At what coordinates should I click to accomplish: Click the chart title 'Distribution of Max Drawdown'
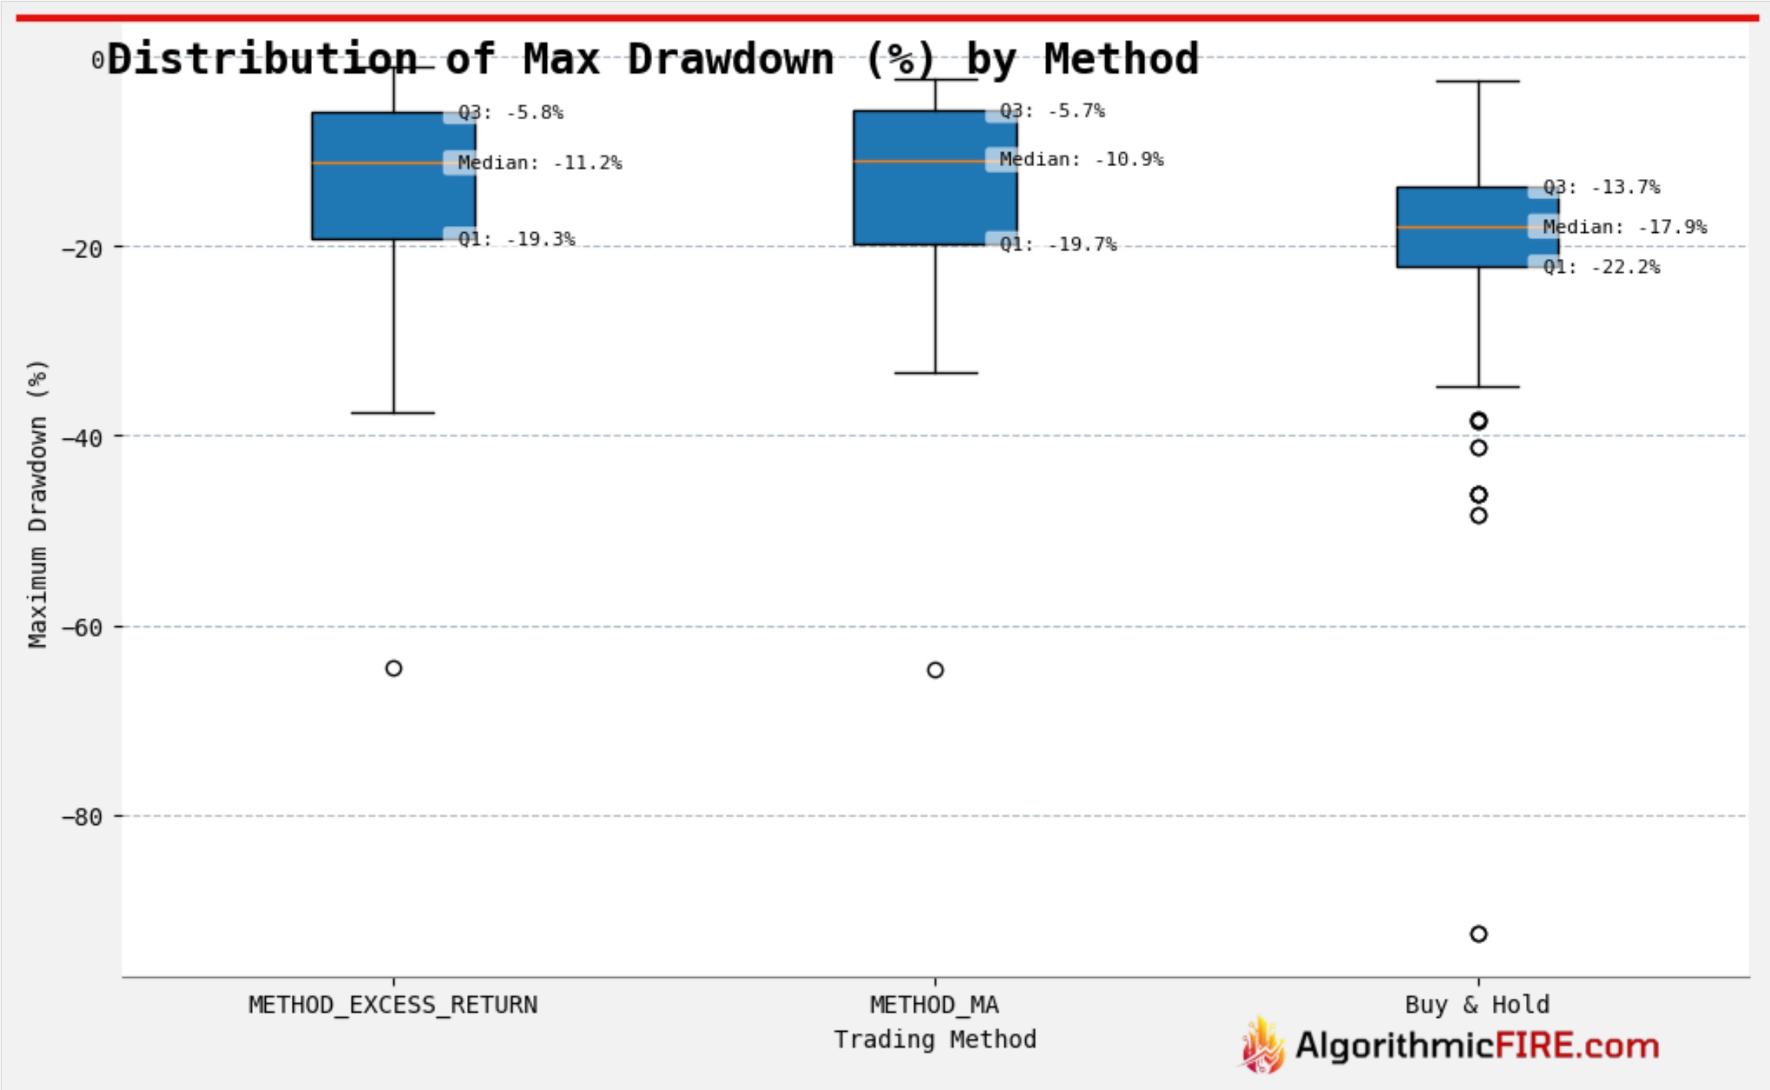(652, 59)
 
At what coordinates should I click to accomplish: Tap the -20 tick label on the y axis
(81, 250)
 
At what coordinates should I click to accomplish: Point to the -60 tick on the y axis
(81, 628)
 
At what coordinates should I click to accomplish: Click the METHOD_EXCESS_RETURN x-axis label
(393, 1005)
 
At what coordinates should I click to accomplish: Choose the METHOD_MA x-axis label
(934, 1005)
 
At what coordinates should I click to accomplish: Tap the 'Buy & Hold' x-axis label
(1477, 1005)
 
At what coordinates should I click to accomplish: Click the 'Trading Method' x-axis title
(935, 1039)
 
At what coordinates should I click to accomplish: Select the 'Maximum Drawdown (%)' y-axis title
(37, 503)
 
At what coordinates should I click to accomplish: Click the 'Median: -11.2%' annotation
(540, 163)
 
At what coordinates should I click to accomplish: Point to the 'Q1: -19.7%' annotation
(1058, 244)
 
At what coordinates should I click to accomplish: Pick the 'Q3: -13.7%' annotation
(1602, 187)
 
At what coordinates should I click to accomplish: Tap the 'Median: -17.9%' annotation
(1624, 227)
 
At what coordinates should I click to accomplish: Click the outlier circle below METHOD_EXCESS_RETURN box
(393, 668)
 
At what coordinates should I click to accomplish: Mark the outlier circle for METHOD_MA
(935, 671)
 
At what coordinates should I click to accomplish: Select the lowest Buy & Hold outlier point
(1478, 934)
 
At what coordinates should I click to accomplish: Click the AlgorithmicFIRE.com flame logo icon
(1262, 1044)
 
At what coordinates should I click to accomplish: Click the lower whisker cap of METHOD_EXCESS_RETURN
(393, 413)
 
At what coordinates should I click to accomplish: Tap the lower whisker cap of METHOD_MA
(935, 373)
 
